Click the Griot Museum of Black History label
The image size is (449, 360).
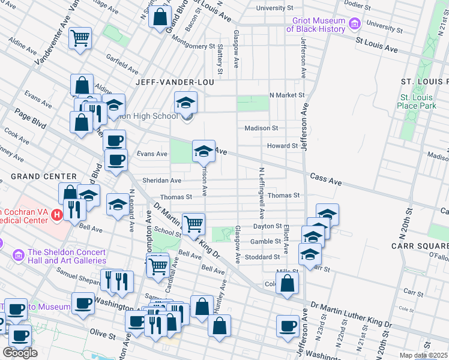point(315,25)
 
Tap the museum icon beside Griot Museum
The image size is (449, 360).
point(354,25)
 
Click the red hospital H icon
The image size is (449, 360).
point(56,214)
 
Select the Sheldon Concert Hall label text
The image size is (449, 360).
point(67,256)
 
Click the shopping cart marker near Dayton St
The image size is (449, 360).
point(193,224)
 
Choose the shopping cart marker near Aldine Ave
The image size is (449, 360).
point(80,38)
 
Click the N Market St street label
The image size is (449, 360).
point(287,95)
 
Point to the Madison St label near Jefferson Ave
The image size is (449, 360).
point(261,128)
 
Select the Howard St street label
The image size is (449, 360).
point(282,146)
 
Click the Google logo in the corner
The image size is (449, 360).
point(20,353)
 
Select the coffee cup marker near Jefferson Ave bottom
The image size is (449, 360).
point(288,326)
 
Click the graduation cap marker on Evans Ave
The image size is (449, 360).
point(203,151)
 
